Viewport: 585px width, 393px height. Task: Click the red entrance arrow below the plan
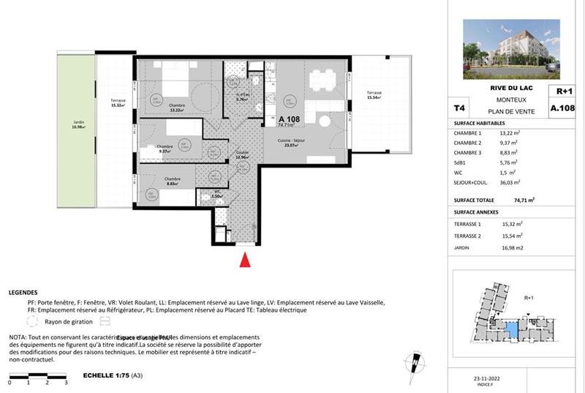pyautogui.click(x=246, y=260)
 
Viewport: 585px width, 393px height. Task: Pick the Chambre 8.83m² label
pyautogui.click(x=172, y=181)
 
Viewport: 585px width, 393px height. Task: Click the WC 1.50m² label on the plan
pyautogui.click(x=216, y=195)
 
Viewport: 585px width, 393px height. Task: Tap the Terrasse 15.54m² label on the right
pyautogui.click(x=374, y=95)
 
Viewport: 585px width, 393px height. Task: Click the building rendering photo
pyautogui.click(x=511, y=48)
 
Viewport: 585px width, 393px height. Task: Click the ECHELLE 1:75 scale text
pyautogui.click(x=106, y=375)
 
